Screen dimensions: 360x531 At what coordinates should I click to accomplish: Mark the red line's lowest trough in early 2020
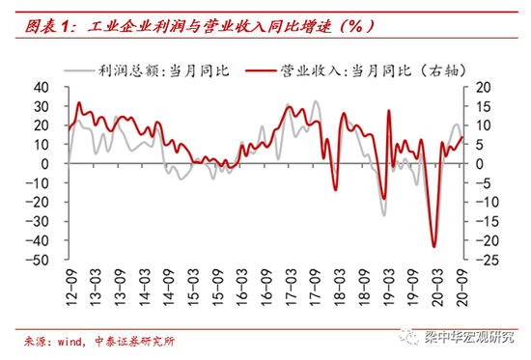click(433, 247)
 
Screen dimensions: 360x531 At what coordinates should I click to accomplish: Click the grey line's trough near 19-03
click(383, 214)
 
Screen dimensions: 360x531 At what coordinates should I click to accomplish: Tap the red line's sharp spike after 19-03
click(389, 111)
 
